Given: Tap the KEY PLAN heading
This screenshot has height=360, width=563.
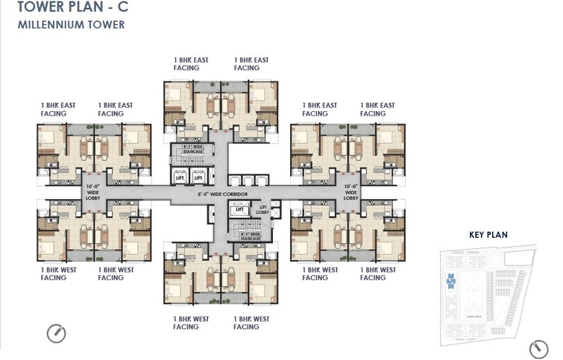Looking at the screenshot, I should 488,235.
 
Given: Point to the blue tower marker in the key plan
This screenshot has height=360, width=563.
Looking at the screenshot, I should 450,281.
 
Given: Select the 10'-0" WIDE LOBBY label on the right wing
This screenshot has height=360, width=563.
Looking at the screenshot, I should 352,192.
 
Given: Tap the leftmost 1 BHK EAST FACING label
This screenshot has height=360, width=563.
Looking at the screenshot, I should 57,110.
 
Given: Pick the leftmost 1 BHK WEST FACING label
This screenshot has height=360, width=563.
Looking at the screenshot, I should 57,274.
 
